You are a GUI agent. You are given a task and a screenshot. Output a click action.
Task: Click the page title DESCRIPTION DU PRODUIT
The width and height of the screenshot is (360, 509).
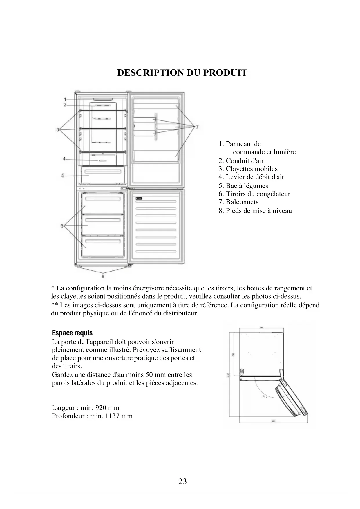[x=182, y=73]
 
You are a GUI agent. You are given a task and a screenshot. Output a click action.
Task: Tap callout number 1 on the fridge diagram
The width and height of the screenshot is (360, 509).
[x=66, y=99]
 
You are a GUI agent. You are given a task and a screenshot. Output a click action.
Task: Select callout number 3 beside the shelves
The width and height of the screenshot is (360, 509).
[x=58, y=129]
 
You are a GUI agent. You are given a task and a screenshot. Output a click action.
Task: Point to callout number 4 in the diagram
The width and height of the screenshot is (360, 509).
[x=64, y=159]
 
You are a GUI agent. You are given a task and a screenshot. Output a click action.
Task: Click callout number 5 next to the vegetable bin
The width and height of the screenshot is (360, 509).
[x=63, y=176]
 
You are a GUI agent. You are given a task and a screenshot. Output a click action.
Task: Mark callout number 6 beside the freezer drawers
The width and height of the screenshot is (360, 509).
[x=62, y=225]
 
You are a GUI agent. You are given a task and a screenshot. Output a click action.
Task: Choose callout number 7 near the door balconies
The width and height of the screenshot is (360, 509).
[x=197, y=127]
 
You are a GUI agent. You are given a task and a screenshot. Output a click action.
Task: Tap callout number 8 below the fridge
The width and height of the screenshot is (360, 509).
[x=103, y=276]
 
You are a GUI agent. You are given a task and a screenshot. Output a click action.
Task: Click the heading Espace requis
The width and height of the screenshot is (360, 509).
[x=72, y=333]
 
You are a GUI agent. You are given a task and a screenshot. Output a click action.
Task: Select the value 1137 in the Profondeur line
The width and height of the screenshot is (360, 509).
[x=111, y=416]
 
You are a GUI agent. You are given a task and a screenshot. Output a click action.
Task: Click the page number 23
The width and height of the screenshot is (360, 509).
[x=182, y=482]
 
